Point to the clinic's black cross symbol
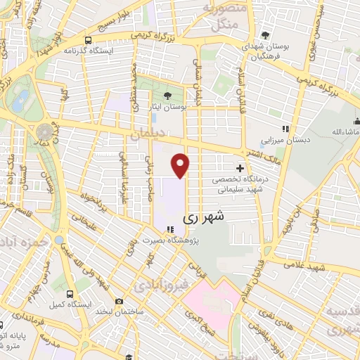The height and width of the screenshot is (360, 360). (240, 169)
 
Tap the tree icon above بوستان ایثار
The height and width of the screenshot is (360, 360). (167, 96)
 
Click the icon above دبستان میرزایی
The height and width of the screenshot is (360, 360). (285, 129)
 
